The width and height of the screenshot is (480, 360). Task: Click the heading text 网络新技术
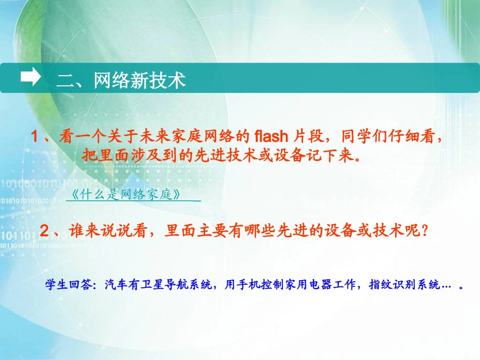[x=140, y=80]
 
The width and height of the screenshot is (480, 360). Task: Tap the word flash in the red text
[x=271, y=136]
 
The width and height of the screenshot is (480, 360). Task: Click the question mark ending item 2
[x=425, y=231]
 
